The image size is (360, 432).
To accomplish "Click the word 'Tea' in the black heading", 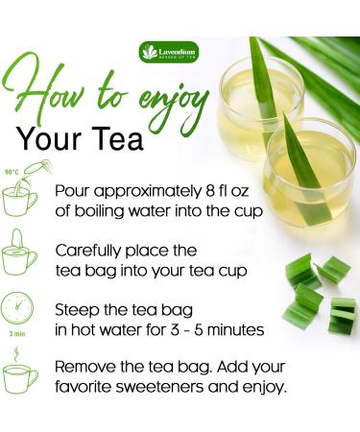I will pos(117,140).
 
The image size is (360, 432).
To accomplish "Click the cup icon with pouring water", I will pos(20,197).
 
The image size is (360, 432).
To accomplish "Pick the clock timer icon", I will pos(19,309).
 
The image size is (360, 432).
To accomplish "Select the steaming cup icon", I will pos(20,374).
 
